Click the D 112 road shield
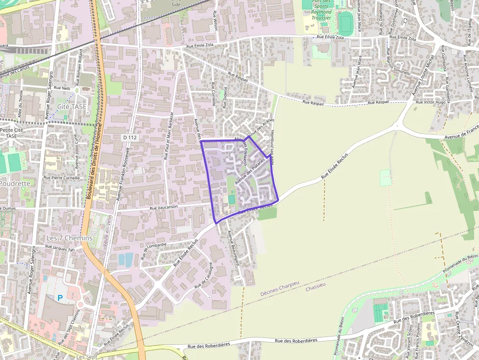click(130, 138)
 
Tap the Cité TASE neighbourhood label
click(71, 106)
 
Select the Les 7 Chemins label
click(69, 238)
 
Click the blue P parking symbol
click(60, 297)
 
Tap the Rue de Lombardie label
click(154, 250)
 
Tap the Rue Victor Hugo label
click(430, 103)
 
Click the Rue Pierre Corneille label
click(62, 178)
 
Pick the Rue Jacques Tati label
click(60, 248)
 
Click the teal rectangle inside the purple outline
click(232, 200)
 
